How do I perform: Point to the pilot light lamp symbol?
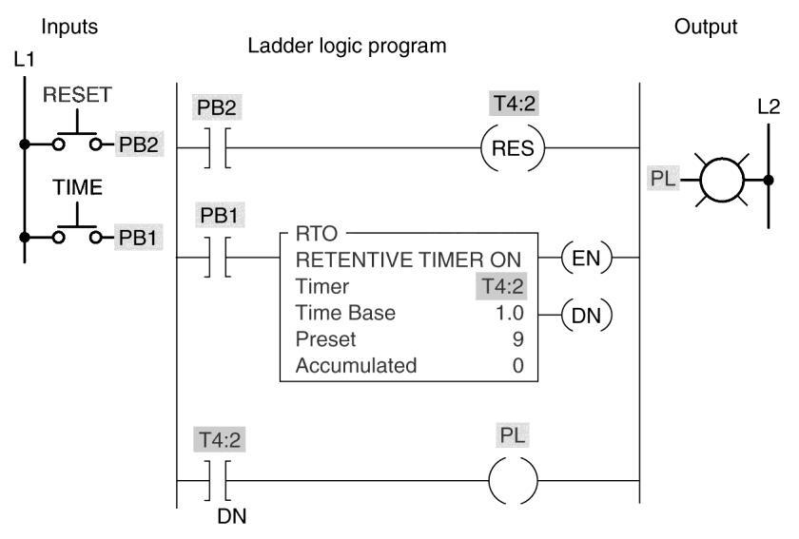pos(722,180)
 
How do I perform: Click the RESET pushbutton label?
pos(77,95)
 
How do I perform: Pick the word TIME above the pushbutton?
pos(77,187)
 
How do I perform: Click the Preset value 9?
pos(517,339)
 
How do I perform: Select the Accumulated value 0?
pos(517,365)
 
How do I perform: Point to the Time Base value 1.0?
pos(510,313)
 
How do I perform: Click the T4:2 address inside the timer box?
pos(502,286)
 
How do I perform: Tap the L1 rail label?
pos(24,60)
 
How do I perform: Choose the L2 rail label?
pos(769,107)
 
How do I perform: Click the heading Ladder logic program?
pos(347,46)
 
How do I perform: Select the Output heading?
pos(706,27)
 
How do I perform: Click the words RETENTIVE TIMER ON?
pos(408,260)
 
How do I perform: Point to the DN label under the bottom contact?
pos(232,516)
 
